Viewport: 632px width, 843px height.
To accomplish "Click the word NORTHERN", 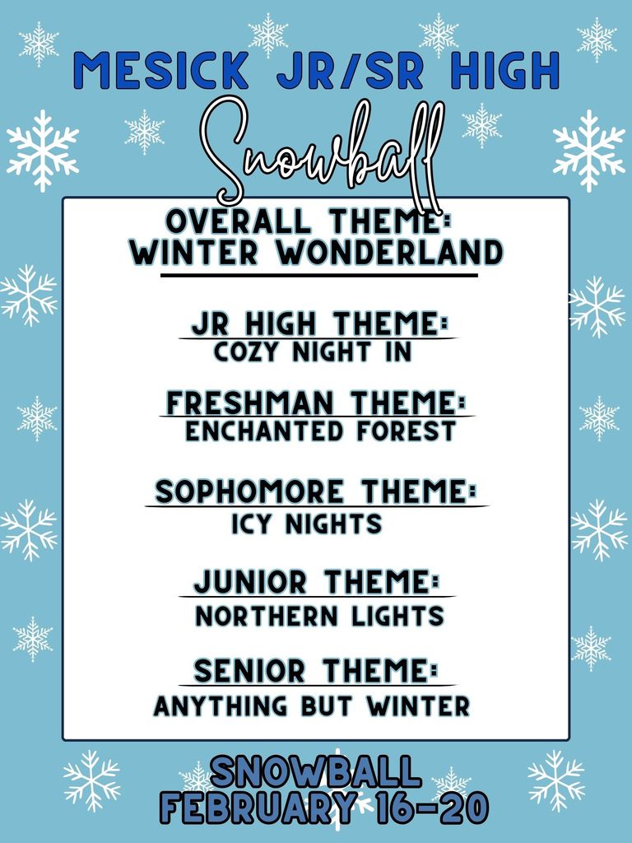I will click(x=265, y=616).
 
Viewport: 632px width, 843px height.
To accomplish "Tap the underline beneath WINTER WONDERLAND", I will click(x=318, y=275).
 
